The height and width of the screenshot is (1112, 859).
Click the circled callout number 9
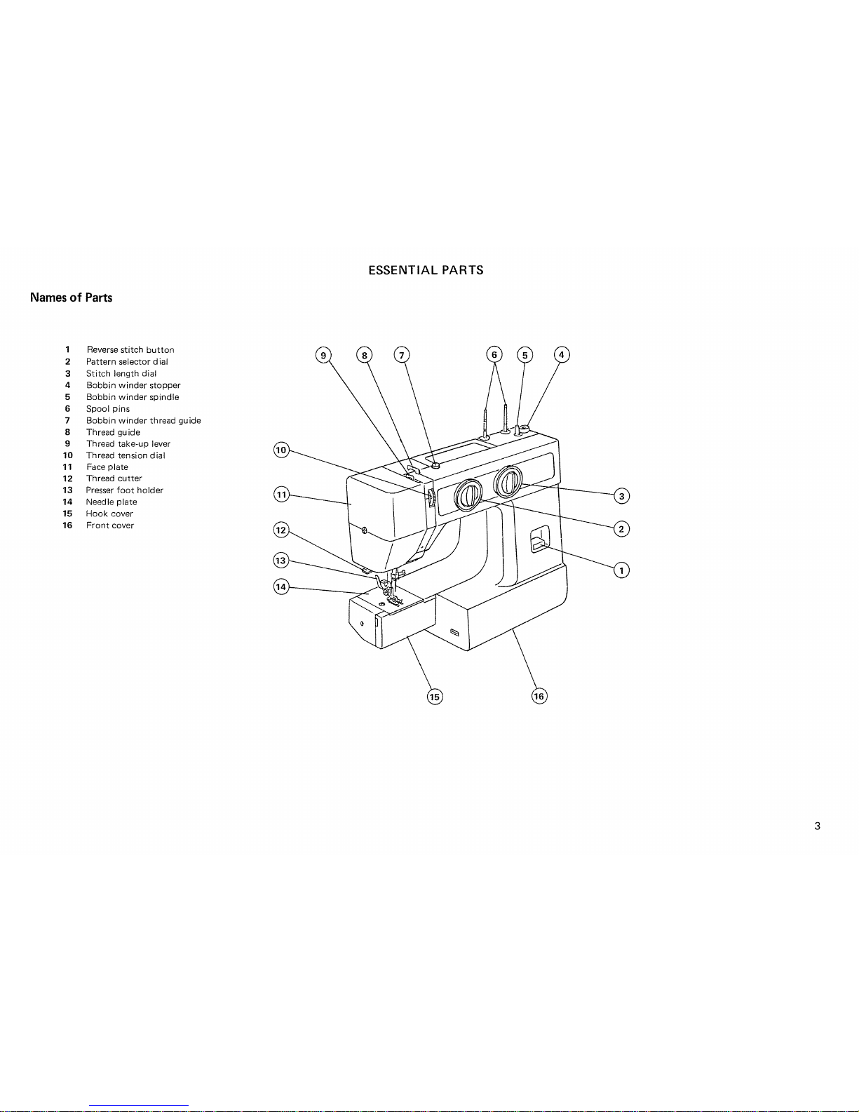(x=323, y=355)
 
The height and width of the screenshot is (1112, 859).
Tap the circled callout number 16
(x=539, y=696)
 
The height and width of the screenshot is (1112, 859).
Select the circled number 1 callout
(x=621, y=570)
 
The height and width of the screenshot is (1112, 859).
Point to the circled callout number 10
(x=281, y=450)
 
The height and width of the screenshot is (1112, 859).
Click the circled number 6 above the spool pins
(x=494, y=354)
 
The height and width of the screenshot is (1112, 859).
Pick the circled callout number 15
(x=435, y=697)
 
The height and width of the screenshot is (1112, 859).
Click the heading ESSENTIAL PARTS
(x=426, y=270)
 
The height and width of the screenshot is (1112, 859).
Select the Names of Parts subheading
(x=71, y=297)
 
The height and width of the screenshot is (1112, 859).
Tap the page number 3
(x=817, y=826)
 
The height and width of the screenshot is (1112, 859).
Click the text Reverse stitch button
(x=130, y=350)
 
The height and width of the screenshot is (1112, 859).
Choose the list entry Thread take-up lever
(x=128, y=443)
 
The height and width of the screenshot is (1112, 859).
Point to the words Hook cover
(x=109, y=514)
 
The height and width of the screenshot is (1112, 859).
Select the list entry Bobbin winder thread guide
(x=143, y=421)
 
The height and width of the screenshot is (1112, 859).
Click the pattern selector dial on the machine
(x=468, y=495)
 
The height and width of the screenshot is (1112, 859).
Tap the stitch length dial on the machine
(x=508, y=482)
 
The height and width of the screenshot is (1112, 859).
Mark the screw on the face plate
(x=364, y=530)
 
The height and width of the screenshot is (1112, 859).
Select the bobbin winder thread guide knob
(x=435, y=466)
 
